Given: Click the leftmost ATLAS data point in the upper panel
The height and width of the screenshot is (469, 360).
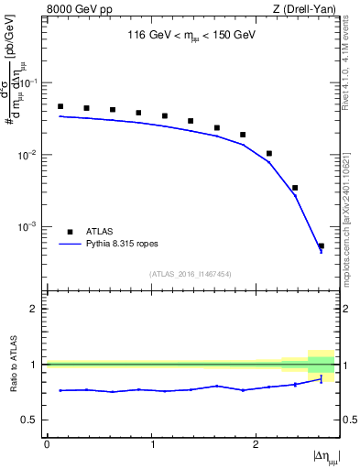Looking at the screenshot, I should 60,106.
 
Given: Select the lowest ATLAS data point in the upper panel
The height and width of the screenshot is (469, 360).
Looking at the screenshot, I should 321,245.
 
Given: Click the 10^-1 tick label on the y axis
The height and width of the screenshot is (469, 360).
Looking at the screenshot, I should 32,83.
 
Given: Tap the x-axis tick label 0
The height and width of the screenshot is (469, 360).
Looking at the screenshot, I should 47,444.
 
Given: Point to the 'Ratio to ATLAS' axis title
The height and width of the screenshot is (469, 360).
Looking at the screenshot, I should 12,365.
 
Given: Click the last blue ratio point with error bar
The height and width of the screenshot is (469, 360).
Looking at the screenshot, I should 321,379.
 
